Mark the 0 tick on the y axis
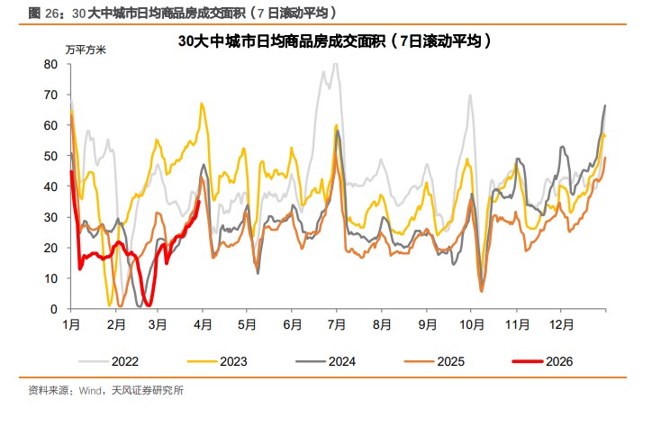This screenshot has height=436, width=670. click(x=55, y=309)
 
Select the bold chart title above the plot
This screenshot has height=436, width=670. click(x=334, y=42)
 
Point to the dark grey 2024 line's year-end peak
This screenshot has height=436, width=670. click(x=604, y=106)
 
